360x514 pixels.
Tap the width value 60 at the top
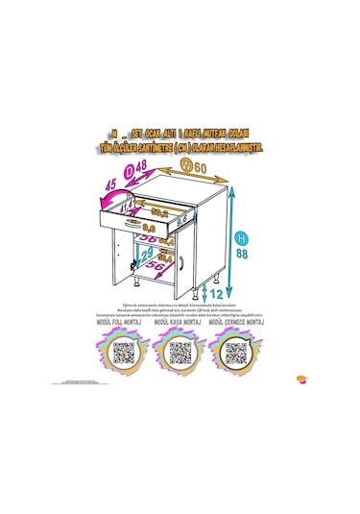[x=201, y=169]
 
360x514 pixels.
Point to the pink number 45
[x=110, y=184]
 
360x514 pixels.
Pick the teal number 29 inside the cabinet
[x=147, y=255]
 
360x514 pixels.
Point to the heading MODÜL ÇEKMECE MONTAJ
[x=232, y=326]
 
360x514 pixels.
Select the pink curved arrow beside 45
[x=104, y=196]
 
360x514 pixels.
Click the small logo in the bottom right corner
[x=303, y=378]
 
